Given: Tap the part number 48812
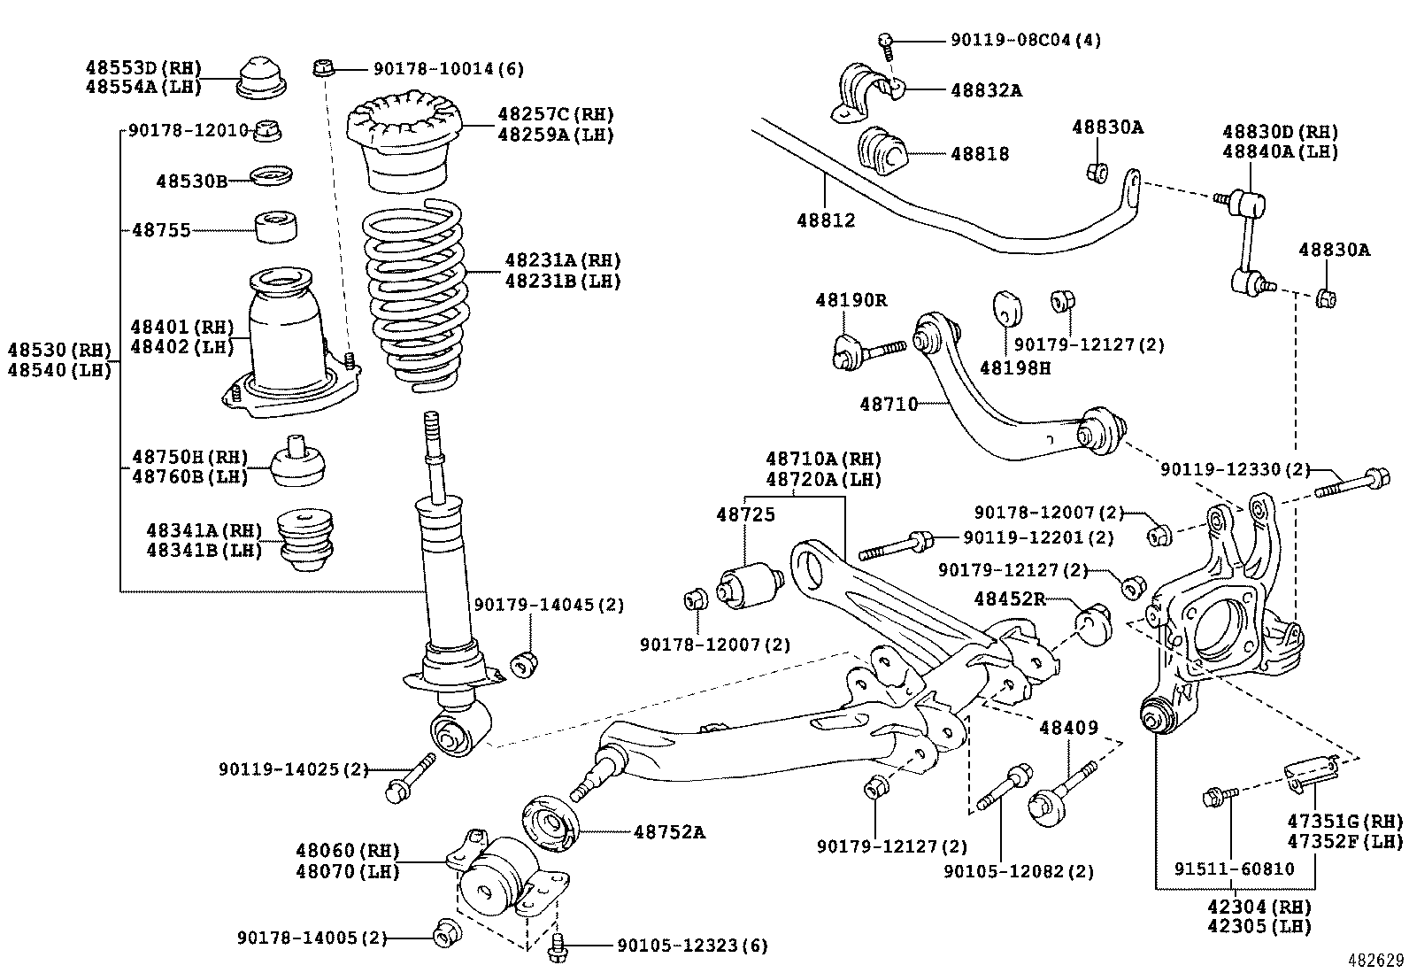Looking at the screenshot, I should point(825,220).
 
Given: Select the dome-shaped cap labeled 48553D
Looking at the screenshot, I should point(261,76).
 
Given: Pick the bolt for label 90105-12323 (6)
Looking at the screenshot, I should point(558,945).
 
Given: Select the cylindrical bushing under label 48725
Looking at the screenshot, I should point(750,585).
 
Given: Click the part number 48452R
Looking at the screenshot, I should point(1009,599).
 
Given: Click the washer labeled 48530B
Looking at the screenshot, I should point(273,176).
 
